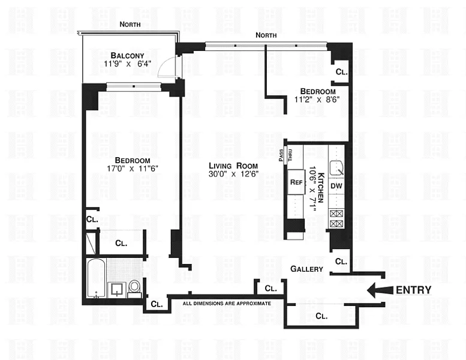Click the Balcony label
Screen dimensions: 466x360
(127, 56)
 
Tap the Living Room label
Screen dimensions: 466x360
(233, 166)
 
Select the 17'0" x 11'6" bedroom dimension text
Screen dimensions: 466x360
(133, 169)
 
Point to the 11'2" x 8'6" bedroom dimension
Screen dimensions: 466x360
(317, 99)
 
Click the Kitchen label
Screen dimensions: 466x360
(321, 188)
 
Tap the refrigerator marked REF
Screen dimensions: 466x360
(296, 182)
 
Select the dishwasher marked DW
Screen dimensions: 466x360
(336, 186)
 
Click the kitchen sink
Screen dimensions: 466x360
(336, 168)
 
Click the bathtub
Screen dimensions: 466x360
(97, 278)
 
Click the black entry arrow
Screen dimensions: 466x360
(380, 290)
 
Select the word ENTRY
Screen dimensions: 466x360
(413, 290)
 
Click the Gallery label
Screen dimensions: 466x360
(306, 269)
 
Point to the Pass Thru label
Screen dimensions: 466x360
(285, 155)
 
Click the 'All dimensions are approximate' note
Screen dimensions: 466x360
(227, 304)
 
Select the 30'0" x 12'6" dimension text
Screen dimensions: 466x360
(233, 174)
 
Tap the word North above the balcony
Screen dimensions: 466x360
(130, 25)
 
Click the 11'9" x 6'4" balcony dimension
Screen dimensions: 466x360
(128, 64)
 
